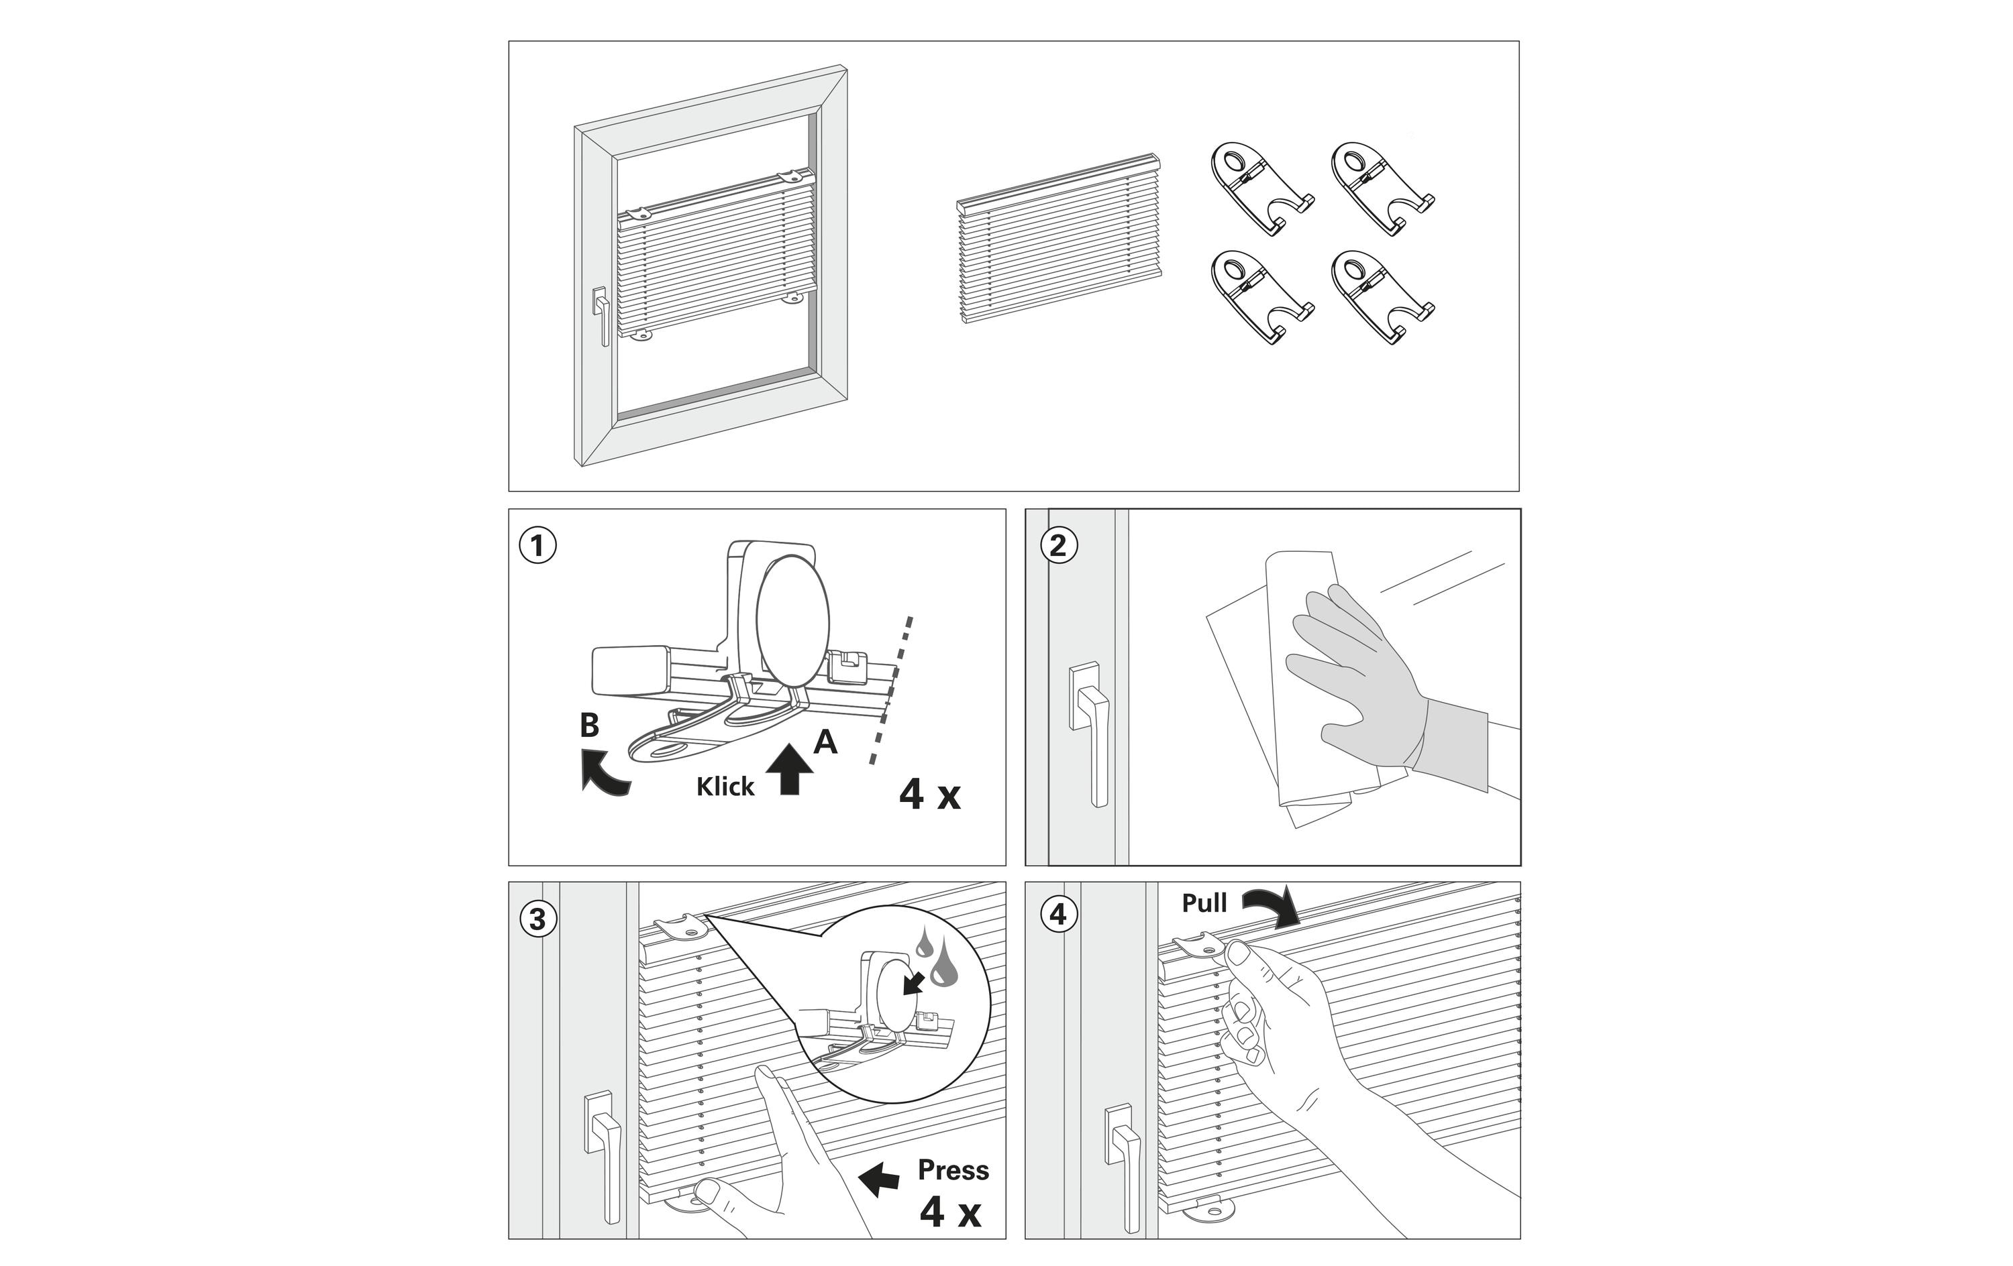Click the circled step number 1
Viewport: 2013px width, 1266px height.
click(537, 546)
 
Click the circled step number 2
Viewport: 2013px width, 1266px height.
click(1058, 546)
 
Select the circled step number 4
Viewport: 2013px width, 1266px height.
click(1058, 915)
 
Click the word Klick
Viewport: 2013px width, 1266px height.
click(725, 787)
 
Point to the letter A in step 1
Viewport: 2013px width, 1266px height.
click(825, 740)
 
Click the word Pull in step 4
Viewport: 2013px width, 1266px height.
click(1204, 903)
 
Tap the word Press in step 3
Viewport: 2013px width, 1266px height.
click(953, 1170)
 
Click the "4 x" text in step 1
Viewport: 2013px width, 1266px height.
click(929, 795)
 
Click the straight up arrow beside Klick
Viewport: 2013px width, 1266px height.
click(789, 770)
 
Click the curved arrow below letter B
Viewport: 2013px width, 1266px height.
click(605, 771)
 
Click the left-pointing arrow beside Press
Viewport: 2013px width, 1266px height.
click(880, 1179)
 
